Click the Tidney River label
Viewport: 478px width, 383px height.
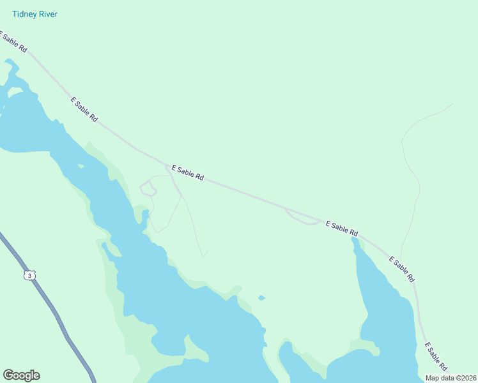pyautogui.click(x=34, y=14)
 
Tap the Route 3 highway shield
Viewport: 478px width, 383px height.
pyautogui.click(x=28, y=274)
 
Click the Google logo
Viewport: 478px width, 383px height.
pyautogui.click(x=21, y=375)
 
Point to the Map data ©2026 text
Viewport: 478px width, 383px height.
pyautogui.click(x=451, y=378)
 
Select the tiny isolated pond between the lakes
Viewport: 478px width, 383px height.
pyautogui.click(x=261, y=297)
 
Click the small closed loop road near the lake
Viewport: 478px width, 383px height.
pyautogui.click(x=148, y=188)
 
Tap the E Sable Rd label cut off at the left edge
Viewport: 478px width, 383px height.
pyautogui.click(x=13, y=41)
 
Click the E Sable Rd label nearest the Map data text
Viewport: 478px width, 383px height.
pyautogui.click(x=436, y=357)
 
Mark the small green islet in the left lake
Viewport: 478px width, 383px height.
pyautogui.click(x=81, y=167)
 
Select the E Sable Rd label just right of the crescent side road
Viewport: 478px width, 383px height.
pyautogui.click(x=341, y=228)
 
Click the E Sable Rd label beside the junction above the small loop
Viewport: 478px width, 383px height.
pyautogui.click(x=187, y=172)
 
